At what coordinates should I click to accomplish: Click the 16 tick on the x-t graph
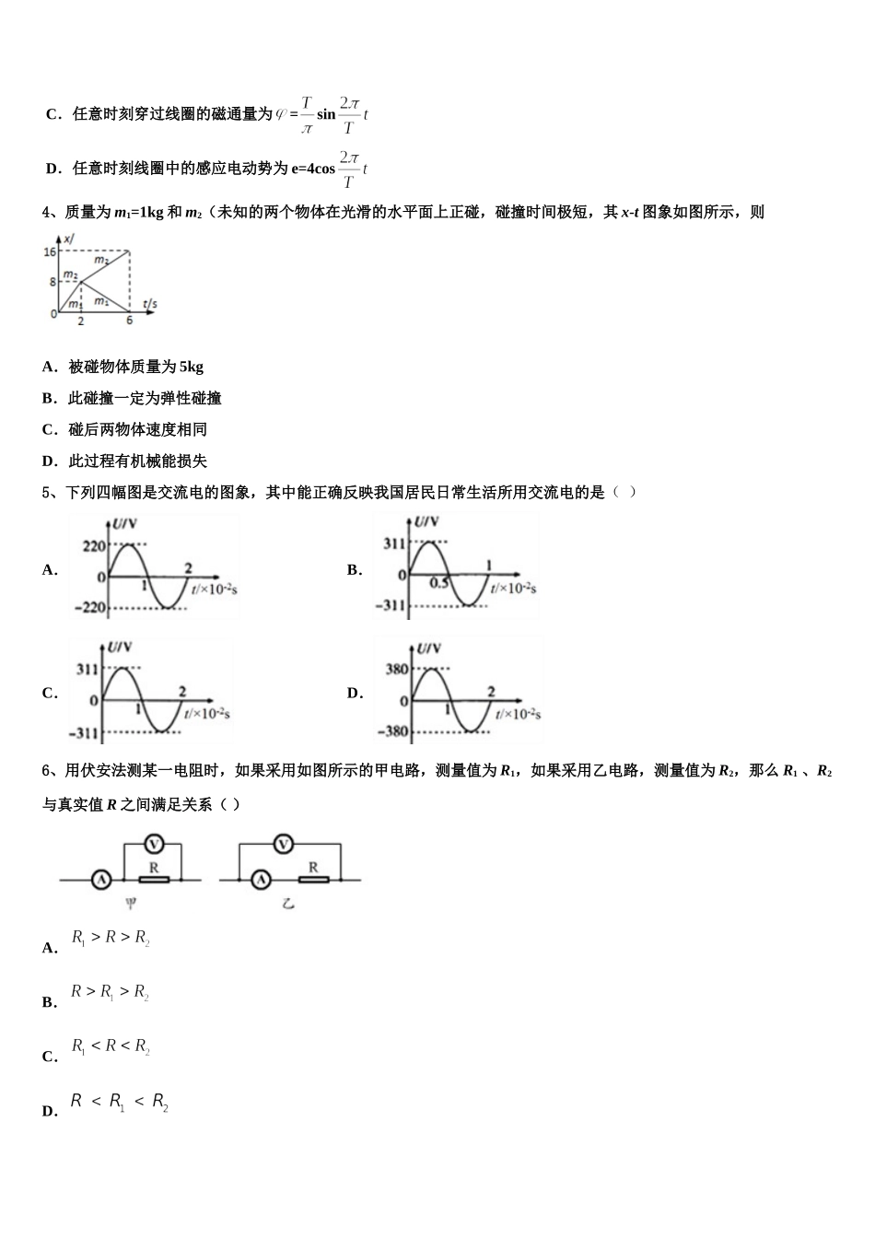click(50, 251)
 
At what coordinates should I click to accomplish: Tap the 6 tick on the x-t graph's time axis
click(129, 321)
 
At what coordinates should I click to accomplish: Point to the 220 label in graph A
click(94, 546)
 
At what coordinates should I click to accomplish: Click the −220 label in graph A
click(91, 608)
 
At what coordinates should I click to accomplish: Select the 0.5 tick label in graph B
click(439, 583)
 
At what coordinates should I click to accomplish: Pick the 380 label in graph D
click(397, 670)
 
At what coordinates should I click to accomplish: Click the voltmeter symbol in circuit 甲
click(154, 845)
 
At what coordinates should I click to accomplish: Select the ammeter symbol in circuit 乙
click(262, 881)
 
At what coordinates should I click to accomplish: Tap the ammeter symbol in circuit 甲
click(100, 881)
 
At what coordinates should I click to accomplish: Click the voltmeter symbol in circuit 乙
click(286, 845)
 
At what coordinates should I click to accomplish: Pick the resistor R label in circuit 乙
click(313, 867)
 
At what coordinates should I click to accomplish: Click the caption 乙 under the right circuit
click(288, 905)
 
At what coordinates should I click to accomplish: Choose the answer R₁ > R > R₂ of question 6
click(111, 939)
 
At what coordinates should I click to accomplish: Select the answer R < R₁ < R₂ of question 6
click(120, 1102)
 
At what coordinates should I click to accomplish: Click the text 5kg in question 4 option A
click(192, 367)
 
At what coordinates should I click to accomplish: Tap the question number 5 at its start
click(46, 492)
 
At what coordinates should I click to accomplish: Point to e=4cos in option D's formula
click(313, 169)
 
